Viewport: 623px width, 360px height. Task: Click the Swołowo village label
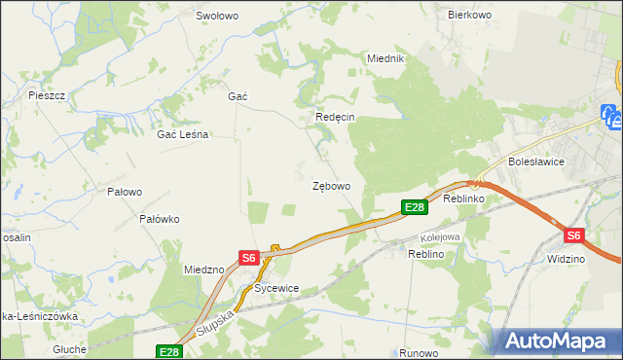pos(217,16)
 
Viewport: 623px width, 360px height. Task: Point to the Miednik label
pos(385,58)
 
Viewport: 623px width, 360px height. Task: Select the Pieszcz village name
pos(47,95)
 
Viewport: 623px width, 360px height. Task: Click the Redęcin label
pos(335,117)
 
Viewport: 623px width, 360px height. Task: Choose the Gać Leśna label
pos(183,135)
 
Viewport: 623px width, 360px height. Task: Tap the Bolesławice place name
pos(534,162)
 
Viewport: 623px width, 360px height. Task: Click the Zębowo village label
pos(331,185)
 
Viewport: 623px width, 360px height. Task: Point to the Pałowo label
pos(125,192)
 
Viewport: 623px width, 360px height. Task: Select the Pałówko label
pos(160,219)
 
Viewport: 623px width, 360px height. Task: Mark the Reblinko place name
pos(463,198)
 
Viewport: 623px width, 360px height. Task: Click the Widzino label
pos(566,260)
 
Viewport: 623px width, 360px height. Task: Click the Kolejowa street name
pos(439,237)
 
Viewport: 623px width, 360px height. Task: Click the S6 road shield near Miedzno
pos(249,258)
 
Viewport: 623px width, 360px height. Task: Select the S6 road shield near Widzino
pos(574,235)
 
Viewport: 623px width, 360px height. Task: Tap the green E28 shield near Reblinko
pos(414,206)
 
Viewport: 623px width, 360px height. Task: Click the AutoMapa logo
pos(560,341)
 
